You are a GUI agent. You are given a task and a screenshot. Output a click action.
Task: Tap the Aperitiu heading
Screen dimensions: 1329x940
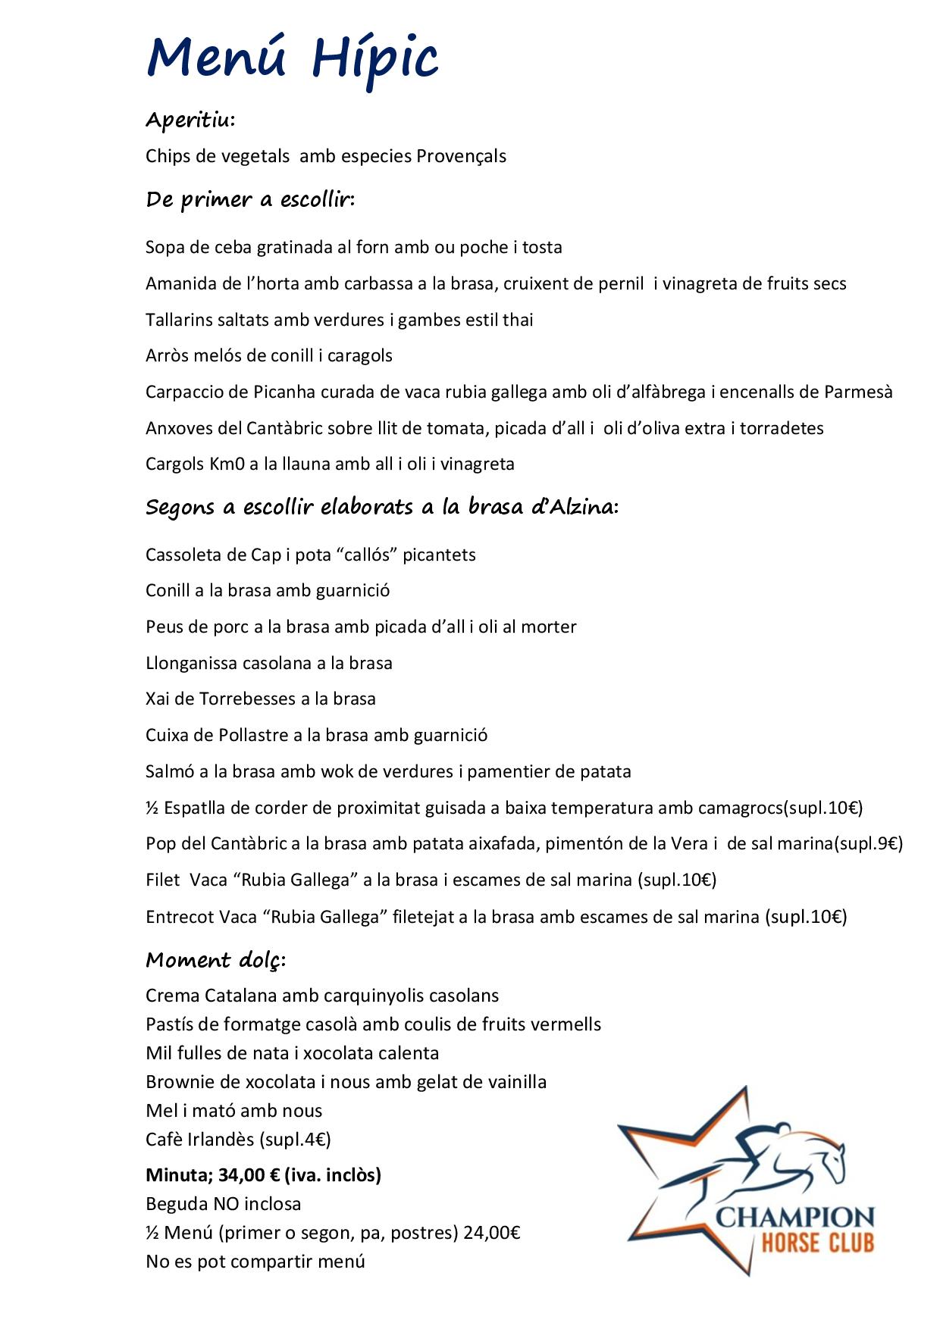[190, 120]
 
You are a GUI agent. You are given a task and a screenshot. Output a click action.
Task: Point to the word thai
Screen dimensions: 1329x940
[518, 320]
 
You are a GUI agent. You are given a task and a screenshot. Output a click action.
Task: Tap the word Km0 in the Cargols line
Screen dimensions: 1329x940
[227, 464]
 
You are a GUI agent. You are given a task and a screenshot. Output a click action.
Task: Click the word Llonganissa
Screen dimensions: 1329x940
[191, 663]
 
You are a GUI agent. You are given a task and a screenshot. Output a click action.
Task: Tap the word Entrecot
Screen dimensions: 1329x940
[180, 917]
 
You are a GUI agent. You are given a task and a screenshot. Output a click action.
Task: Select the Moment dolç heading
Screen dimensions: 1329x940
[215, 960]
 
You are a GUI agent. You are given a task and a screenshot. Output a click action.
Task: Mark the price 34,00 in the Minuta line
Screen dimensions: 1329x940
[240, 1175]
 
